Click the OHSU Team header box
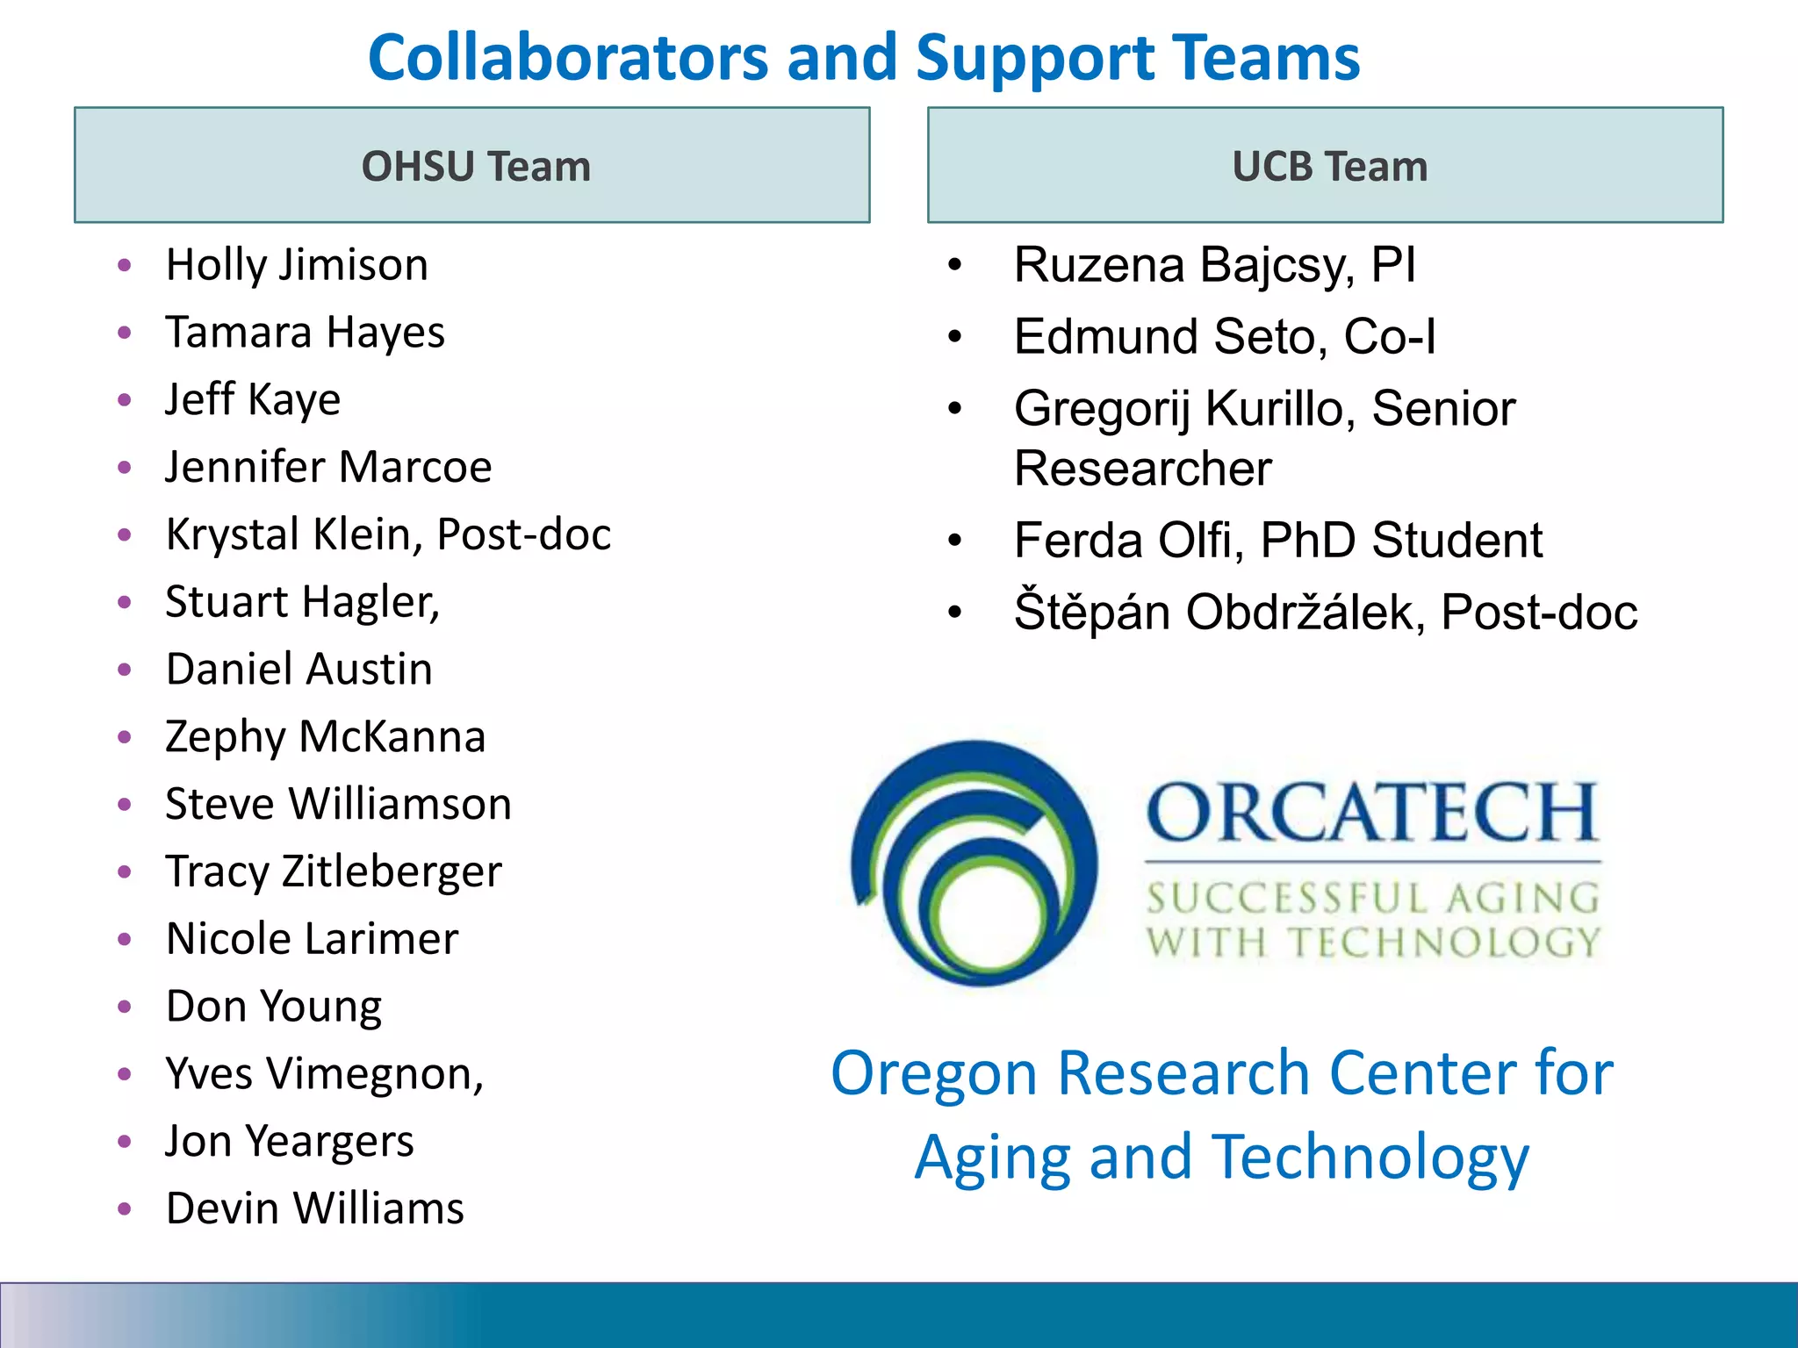click(472, 165)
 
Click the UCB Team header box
click(1326, 165)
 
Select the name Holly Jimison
click(297, 265)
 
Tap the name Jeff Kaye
click(253, 400)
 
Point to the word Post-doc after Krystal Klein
click(524, 534)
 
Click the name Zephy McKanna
click(325, 737)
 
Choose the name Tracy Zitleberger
click(334, 872)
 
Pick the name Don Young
click(274, 1007)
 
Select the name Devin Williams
click(314, 1208)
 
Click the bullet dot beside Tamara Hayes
click(125, 333)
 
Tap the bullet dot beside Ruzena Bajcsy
click(955, 264)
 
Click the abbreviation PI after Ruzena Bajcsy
click(1393, 265)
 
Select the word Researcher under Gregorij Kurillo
click(1142, 469)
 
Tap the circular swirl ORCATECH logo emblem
click(975, 864)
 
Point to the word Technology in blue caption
click(1370, 1158)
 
